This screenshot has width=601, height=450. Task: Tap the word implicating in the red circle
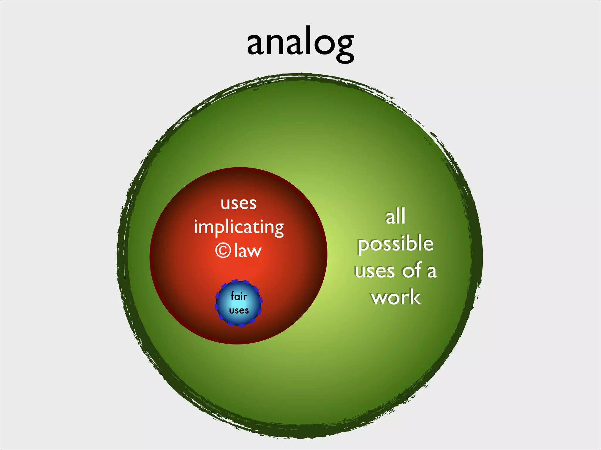pos(239,227)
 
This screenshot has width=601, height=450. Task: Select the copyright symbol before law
pos(223,251)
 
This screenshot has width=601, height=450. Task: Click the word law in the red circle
pos(248,251)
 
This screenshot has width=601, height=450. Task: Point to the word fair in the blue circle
pos(239,296)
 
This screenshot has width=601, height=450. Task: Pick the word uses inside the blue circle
pos(239,310)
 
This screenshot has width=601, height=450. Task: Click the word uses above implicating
pos(239,203)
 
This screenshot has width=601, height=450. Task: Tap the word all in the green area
pos(395,217)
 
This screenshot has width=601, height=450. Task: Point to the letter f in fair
pos(233,296)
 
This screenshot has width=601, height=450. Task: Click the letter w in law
pos(254,252)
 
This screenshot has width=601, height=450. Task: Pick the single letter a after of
pos(432,272)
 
